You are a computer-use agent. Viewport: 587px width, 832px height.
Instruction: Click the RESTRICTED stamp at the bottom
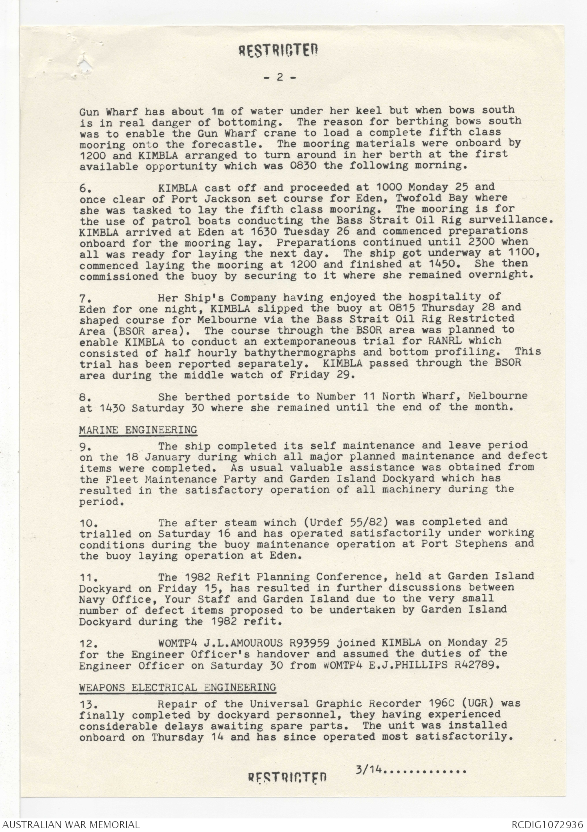[x=287, y=777]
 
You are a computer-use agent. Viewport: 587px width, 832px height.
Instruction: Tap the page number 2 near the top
[x=280, y=77]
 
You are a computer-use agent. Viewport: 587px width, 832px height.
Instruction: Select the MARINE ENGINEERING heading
[x=138, y=430]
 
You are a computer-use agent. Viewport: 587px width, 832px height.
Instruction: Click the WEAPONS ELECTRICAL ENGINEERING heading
[x=177, y=688]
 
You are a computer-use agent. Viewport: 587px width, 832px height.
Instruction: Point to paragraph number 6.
[x=86, y=187]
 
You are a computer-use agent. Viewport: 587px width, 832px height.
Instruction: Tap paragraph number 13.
[x=87, y=704]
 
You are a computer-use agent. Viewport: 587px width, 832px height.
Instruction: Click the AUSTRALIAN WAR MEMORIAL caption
[x=70, y=824]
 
